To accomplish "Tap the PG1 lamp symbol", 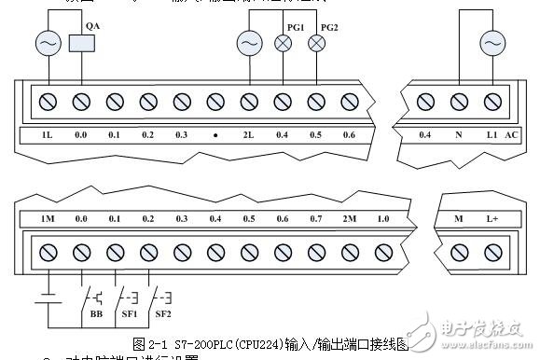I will click(x=283, y=43).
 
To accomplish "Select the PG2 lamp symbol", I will click(x=316, y=43).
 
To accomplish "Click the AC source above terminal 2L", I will click(x=248, y=43).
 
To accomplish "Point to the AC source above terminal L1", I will click(x=492, y=43).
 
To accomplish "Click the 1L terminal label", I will click(x=47, y=135).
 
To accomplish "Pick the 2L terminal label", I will click(x=248, y=135).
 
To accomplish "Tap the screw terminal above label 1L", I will click(x=47, y=100).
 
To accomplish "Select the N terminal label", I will click(x=458, y=135).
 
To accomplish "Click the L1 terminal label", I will click(x=491, y=135).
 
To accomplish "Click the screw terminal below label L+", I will click(x=492, y=253).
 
